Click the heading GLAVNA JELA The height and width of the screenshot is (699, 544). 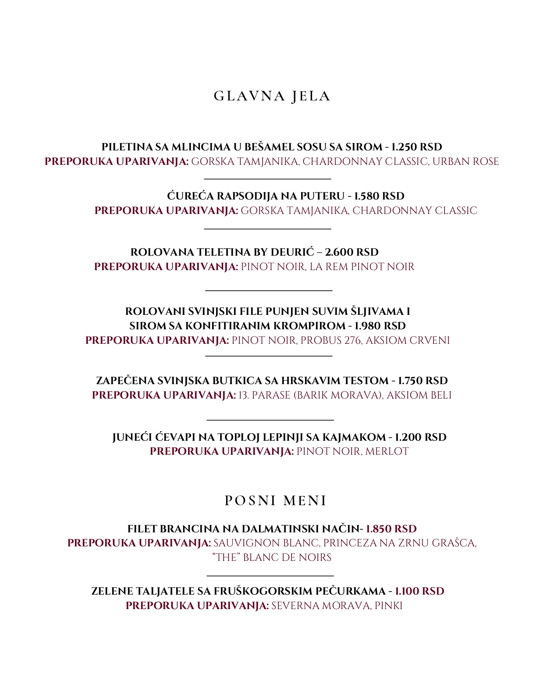[x=272, y=96]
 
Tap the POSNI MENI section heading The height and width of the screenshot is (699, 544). [x=275, y=500]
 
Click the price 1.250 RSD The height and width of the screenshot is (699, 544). [x=416, y=147]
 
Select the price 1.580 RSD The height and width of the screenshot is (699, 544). [x=379, y=196]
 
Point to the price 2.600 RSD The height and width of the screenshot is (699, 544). [x=352, y=252]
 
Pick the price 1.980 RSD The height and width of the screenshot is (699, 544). [x=380, y=326]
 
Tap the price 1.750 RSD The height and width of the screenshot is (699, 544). [x=423, y=381]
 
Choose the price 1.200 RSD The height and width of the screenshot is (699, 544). [x=420, y=437]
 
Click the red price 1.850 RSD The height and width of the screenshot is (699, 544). [x=391, y=529]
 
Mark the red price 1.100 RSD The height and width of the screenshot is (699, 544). [x=420, y=591]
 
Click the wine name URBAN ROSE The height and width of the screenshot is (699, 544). [x=466, y=161]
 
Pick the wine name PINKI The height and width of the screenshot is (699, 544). [x=388, y=606]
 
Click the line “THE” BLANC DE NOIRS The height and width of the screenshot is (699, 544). [x=272, y=557]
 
